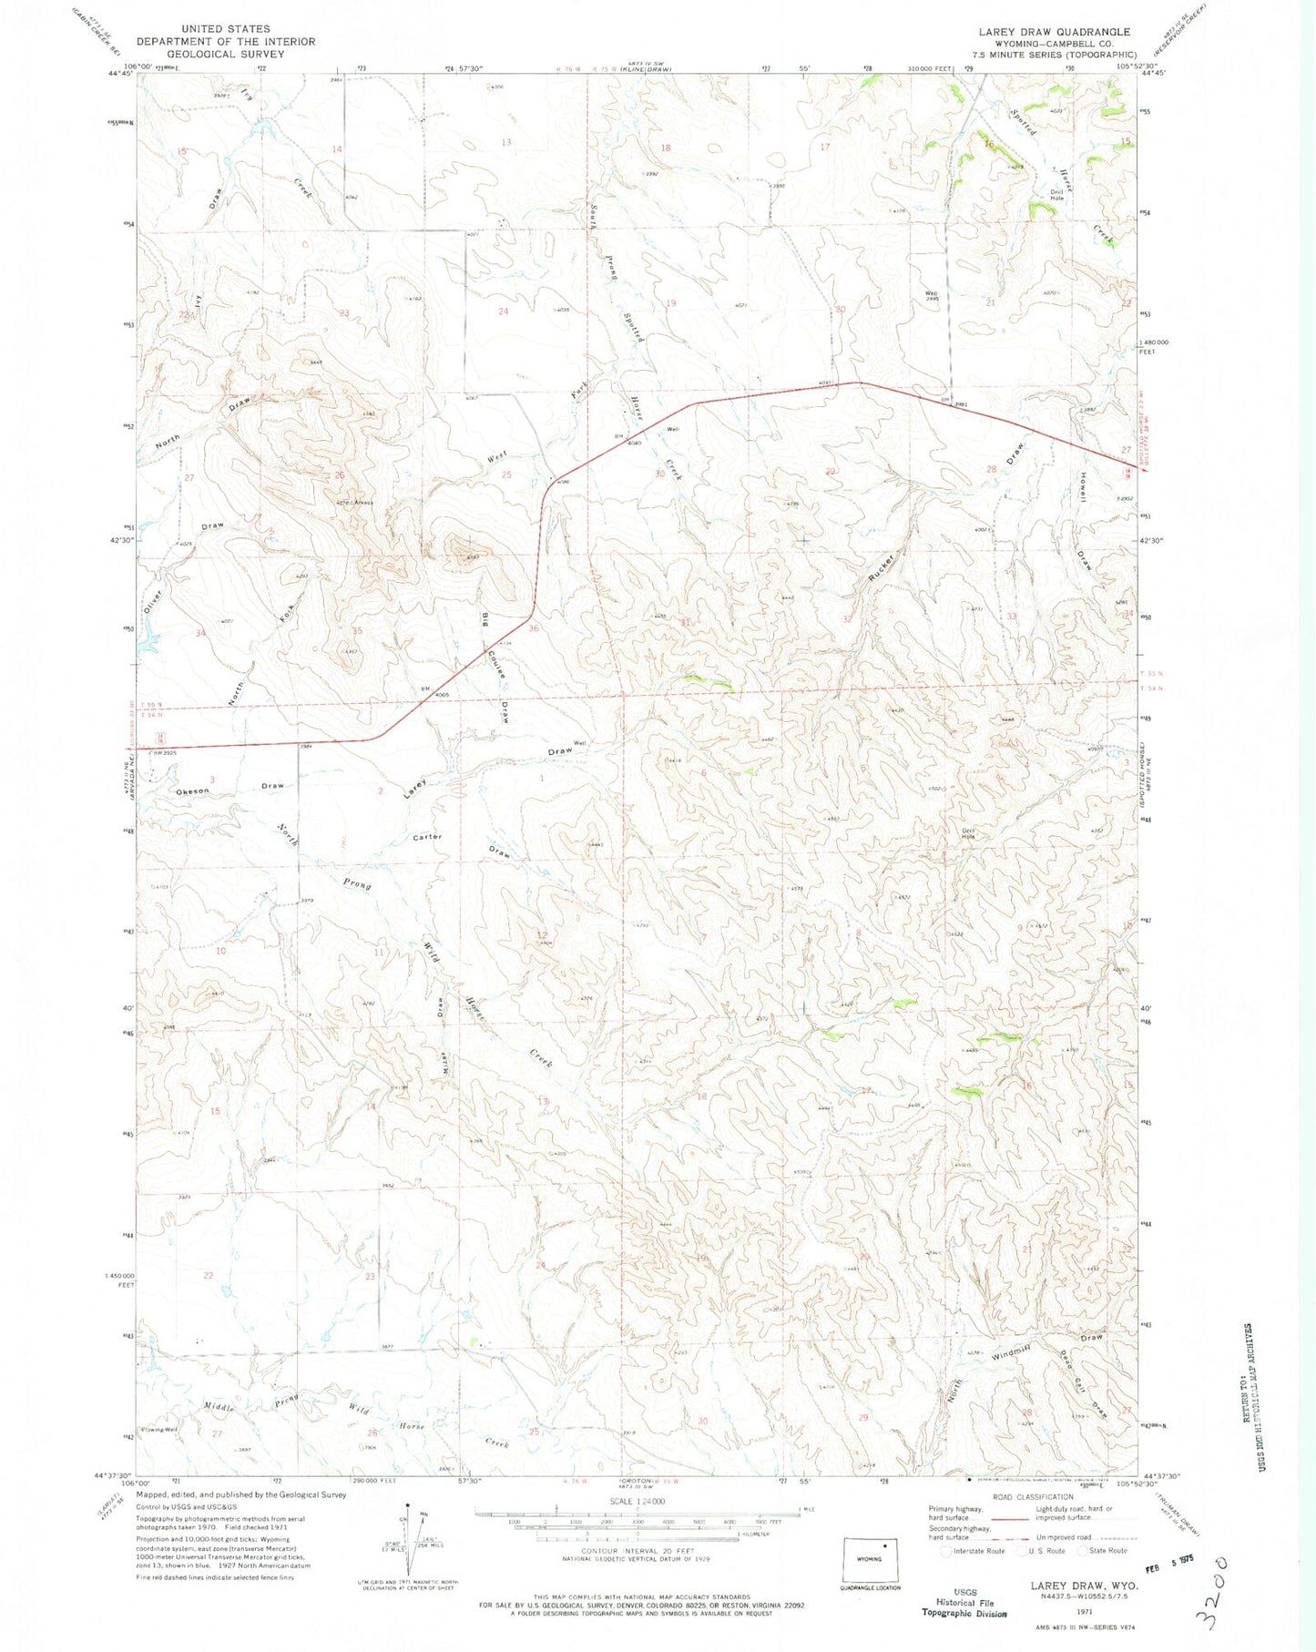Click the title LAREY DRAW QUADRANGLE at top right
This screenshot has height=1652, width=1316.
coord(1054,31)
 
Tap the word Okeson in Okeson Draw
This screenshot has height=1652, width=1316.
coord(192,790)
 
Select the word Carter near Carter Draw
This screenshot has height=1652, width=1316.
coord(427,836)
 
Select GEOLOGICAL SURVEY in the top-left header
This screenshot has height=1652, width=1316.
coord(226,54)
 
